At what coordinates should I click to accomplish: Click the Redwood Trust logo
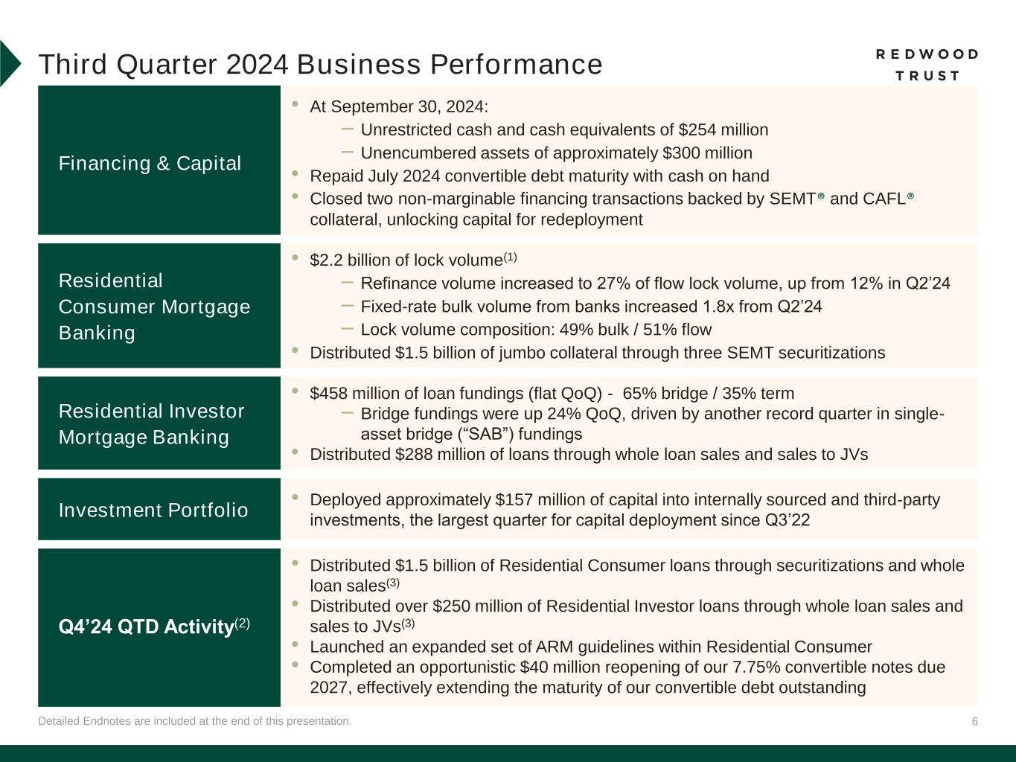927,65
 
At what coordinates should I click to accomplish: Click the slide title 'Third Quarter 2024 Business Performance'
320,65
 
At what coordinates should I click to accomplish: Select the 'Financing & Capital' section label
150,164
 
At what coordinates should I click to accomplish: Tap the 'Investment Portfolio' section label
153,510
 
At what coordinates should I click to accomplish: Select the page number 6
974,722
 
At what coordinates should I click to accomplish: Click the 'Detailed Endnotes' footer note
195,721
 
